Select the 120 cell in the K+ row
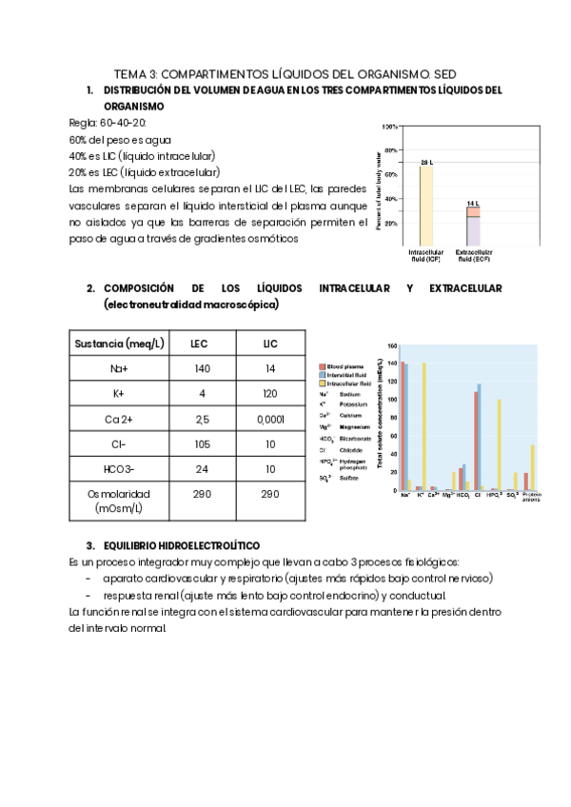(x=269, y=392)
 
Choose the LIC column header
(x=269, y=343)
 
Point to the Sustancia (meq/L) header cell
(x=119, y=343)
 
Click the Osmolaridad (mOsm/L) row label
(x=119, y=502)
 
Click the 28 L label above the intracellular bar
(x=426, y=162)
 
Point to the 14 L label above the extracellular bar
(x=473, y=204)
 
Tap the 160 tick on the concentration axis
(x=391, y=347)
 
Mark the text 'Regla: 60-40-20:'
(x=108, y=123)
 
